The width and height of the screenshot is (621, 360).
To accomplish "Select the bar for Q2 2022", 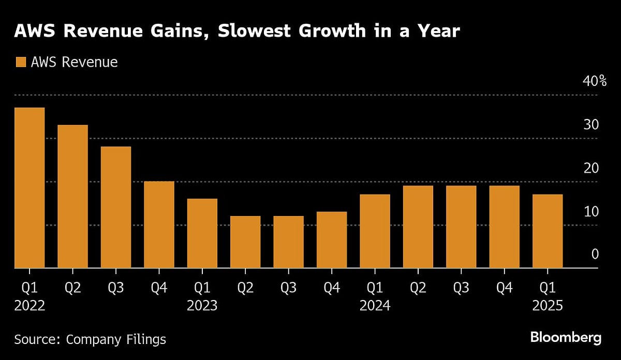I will (72, 197).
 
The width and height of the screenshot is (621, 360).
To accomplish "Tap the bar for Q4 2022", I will (159, 224).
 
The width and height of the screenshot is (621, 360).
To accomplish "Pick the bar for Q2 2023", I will (245, 242).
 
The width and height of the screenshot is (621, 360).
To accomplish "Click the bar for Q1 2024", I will (375, 231).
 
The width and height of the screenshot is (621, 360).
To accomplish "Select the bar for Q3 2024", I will (461, 227).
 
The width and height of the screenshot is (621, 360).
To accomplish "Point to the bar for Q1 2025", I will (548, 231).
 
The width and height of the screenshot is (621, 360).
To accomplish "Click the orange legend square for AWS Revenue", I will (21, 63).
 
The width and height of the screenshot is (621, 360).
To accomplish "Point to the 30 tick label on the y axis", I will (591, 125).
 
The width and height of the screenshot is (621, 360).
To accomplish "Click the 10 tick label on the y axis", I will (591, 212).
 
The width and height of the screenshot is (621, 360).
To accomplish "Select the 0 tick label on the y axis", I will (595, 254).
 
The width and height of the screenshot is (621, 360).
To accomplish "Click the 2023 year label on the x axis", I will (202, 306).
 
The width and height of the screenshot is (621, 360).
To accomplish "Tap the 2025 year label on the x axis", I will (548, 306).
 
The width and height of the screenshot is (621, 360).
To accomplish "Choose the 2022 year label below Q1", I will (29, 306).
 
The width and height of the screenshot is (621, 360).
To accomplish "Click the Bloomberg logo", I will (566, 338).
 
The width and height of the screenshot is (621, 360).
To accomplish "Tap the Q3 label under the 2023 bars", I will (289, 288).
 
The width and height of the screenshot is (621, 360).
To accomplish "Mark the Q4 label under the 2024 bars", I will (505, 288).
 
